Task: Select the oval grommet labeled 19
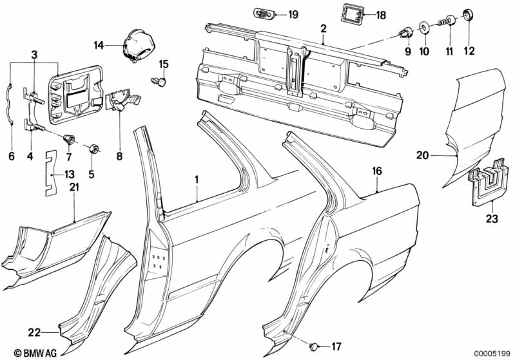pos(262,14)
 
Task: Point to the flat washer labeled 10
pos(425,28)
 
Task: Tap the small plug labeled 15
pos(163,81)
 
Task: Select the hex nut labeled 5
pos(95,149)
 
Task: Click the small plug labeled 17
pos(315,347)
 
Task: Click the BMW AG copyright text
pos(24,352)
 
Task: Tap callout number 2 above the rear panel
pos(324,28)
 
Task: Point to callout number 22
pos(34,332)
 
